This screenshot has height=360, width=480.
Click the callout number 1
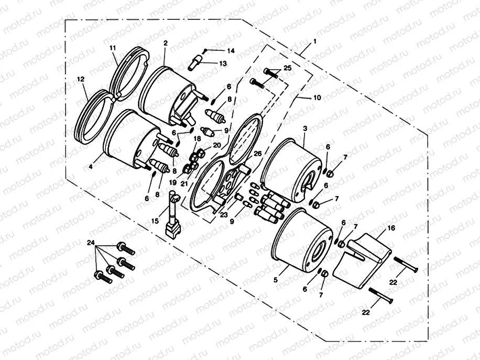[314, 41]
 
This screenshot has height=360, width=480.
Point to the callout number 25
[287, 69]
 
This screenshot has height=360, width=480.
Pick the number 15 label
[155, 222]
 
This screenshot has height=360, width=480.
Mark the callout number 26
[257, 153]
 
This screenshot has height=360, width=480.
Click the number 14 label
[231, 51]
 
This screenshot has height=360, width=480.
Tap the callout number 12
[80, 79]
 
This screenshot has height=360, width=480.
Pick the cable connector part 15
[172, 215]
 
